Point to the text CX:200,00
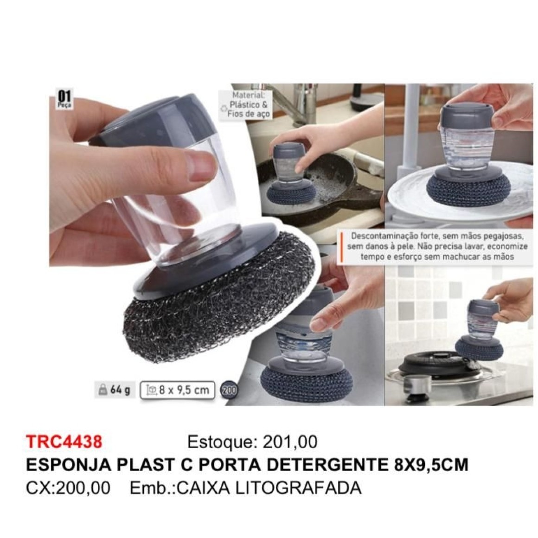click(x=68, y=487)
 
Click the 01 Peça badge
click(x=64, y=99)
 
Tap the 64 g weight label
click(x=115, y=390)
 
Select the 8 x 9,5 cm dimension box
click(x=177, y=390)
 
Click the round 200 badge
click(x=229, y=391)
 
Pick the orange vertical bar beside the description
click(x=342, y=247)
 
